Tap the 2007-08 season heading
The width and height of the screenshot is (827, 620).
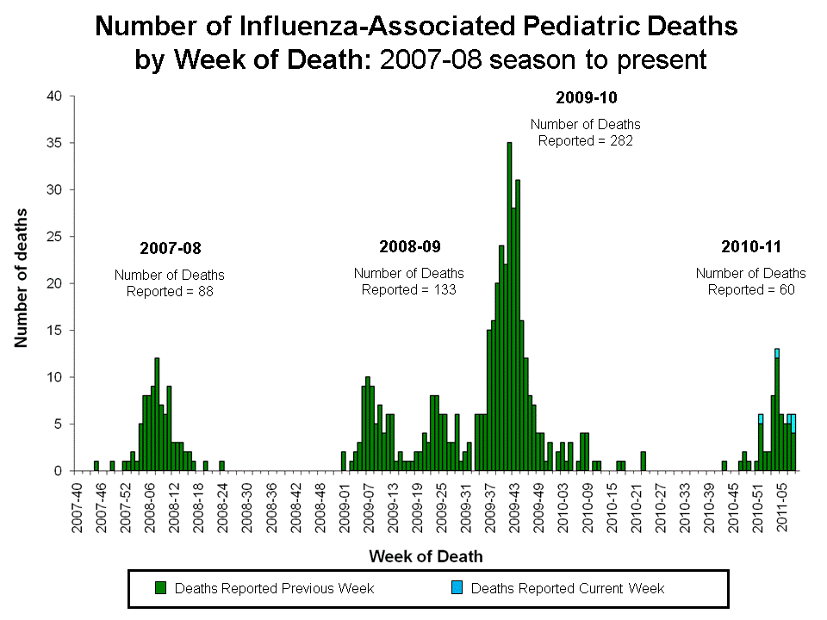tap(170, 249)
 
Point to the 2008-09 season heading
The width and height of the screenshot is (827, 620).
tap(409, 247)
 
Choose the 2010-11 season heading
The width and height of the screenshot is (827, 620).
tap(750, 247)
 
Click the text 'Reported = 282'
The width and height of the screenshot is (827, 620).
tap(586, 140)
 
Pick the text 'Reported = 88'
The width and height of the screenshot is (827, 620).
tap(170, 292)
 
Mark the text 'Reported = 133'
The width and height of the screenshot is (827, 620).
tap(409, 290)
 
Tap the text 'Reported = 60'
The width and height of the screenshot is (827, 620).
tap(750, 290)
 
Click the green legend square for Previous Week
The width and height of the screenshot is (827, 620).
tap(160, 589)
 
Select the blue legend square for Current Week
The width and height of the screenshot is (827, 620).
tap(457, 589)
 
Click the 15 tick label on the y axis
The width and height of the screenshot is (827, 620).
tap(54, 331)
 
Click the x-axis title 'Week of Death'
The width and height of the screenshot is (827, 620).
tap(426, 556)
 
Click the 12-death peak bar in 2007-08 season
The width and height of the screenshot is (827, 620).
tap(157, 414)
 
